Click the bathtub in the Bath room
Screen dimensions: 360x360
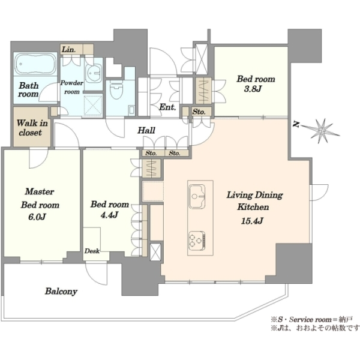tap(35, 64)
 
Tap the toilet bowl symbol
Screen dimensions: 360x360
tap(116, 90)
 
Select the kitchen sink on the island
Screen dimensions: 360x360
tap(197, 197)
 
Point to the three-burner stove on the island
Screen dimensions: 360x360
tap(197, 241)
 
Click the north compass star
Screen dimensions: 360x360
tap(322, 131)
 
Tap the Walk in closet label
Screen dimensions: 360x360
tap(32, 128)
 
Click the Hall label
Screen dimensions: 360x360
tap(146, 130)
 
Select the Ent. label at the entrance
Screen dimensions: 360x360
tap(167, 107)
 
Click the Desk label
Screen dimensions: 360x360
tap(92, 251)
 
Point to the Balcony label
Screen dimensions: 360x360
tap(61, 292)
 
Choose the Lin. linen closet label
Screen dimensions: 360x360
tap(68, 49)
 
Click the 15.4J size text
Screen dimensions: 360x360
tap(252, 221)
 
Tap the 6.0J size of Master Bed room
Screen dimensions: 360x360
tap(37, 217)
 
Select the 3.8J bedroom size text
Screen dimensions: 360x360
tap(253, 89)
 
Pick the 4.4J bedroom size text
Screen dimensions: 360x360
tap(110, 215)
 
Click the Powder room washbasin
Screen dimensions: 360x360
tap(94, 73)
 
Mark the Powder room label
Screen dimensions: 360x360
tap(71, 87)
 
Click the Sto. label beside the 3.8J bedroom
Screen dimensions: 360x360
tap(199, 112)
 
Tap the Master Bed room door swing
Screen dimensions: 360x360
tap(39, 158)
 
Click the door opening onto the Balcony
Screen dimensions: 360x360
tap(96, 274)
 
